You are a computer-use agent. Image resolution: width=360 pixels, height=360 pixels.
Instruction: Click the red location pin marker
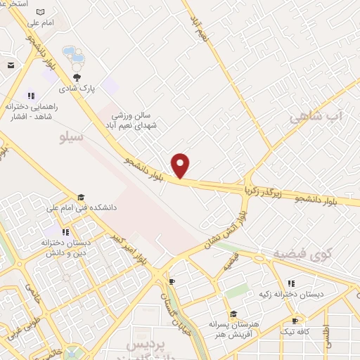(181, 166)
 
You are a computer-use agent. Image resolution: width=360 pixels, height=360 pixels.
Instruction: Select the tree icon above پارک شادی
(77, 78)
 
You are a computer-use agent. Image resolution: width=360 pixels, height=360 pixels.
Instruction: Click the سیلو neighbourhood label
(71, 136)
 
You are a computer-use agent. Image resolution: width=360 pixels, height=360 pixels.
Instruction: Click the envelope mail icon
(11, 65)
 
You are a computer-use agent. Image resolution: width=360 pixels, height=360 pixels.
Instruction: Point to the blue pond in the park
(72, 54)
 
